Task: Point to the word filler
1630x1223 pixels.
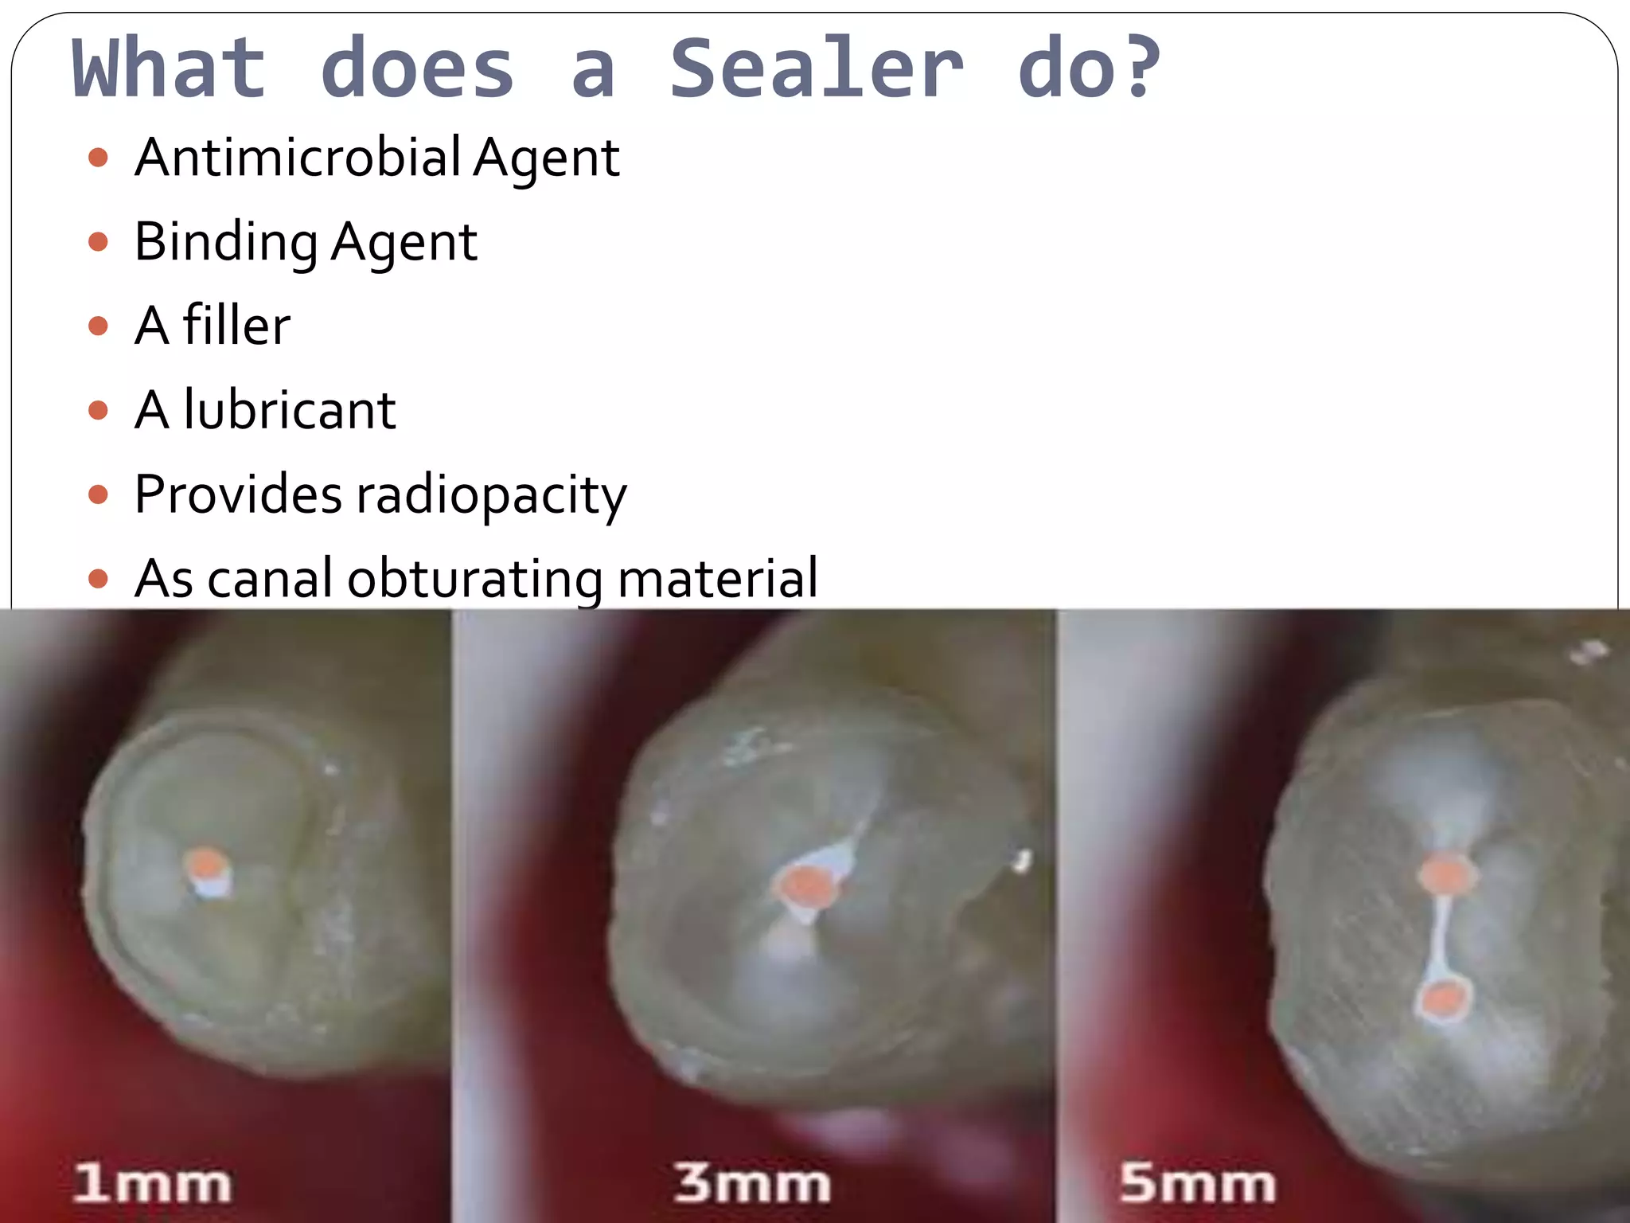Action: [236, 326]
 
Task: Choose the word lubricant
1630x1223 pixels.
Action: [290, 410]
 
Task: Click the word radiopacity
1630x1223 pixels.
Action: [491, 495]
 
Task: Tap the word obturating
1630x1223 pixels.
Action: [474, 579]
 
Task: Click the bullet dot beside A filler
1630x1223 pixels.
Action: [98, 326]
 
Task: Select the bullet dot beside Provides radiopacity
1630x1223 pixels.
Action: [98, 495]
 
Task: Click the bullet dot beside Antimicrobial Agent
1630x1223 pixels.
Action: [98, 157]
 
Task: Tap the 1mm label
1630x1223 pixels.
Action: [152, 1182]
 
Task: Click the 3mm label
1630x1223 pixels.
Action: [752, 1182]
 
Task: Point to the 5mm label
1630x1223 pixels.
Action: [1197, 1182]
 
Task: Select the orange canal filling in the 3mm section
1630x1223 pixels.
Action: [805, 885]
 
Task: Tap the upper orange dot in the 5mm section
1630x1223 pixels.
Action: [1445, 874]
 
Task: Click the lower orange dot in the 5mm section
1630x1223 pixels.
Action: [1444, 999]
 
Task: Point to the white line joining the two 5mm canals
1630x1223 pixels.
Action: [1441, 936]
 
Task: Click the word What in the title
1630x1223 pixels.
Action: [169, 69]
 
